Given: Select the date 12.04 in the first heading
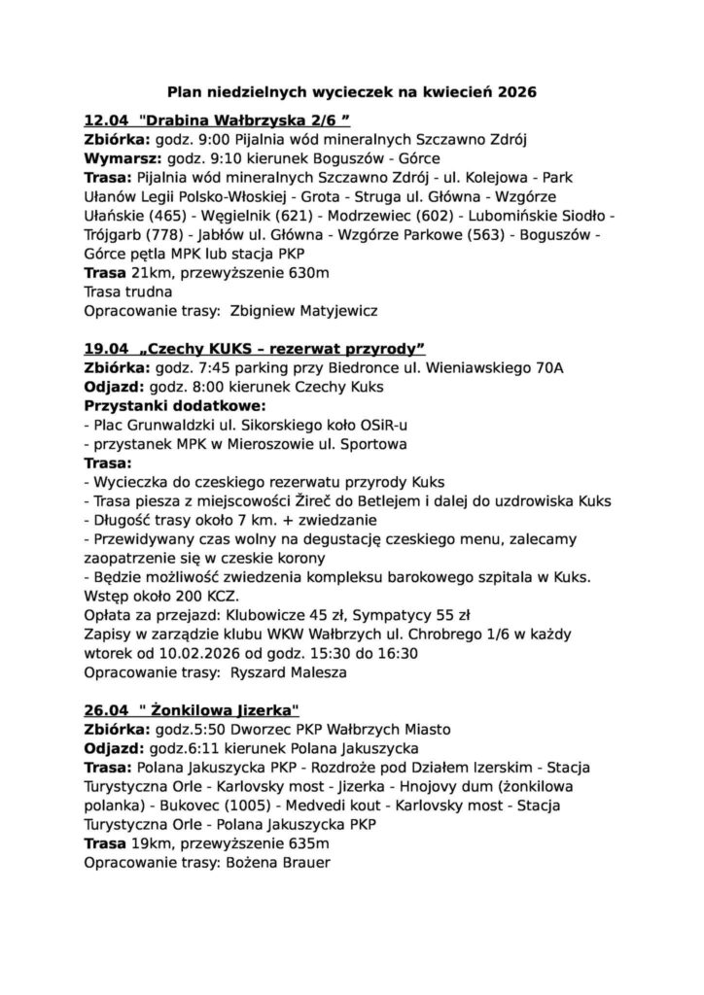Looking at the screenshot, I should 105,121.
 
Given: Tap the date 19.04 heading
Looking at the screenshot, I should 105,349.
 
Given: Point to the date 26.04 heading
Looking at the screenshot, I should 105,708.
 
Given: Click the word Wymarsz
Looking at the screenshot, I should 122,158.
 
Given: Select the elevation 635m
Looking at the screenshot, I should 307,841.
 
